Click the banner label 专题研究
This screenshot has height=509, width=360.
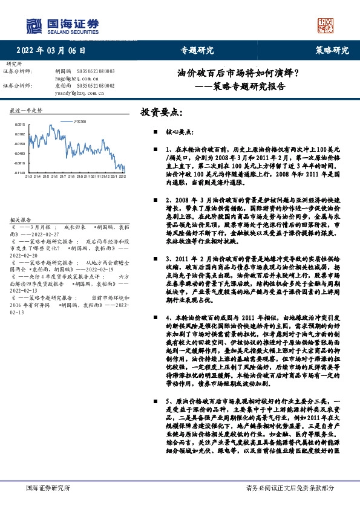(197, 50)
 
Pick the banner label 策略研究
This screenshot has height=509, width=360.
(332, 50)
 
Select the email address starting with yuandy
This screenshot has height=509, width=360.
(76, 94)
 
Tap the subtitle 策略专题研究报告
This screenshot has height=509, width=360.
(248, 86)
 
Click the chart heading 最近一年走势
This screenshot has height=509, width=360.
(26, 111)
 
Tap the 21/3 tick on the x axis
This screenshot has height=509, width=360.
(28, 177)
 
